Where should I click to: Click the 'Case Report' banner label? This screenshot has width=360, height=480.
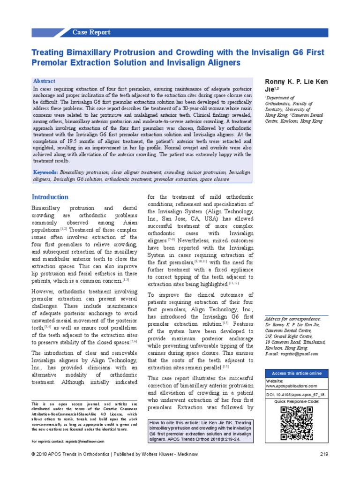pos(91,32)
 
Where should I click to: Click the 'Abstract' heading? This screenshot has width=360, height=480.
pos(44,81)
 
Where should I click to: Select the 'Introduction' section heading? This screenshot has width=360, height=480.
pos(50,197)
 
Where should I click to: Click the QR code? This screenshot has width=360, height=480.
pos(297,423)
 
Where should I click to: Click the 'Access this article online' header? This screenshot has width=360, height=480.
pos(297,373)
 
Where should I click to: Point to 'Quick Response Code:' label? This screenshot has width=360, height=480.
pos(297,402)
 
